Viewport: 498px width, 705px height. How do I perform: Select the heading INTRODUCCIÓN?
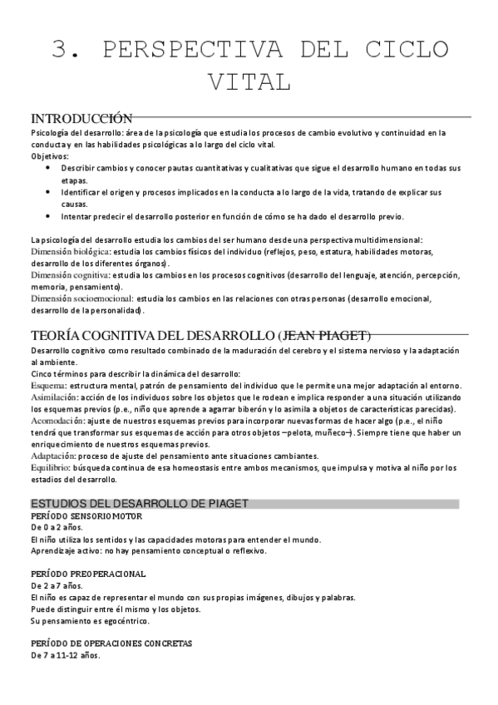(81, 118)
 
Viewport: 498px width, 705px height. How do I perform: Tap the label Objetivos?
(50, 155)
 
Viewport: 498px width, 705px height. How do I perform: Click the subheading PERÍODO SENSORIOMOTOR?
(82, 515)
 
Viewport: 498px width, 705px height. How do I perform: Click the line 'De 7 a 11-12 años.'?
(65, 655)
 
